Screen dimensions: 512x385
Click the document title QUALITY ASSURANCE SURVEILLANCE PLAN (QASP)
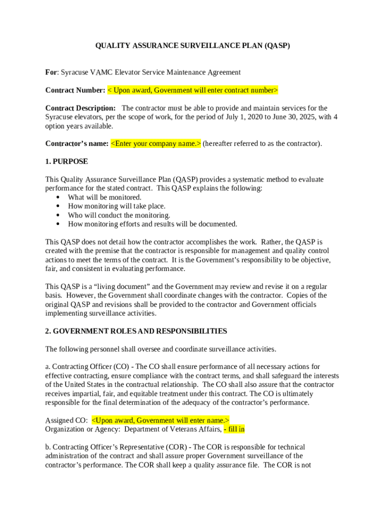point(192,46)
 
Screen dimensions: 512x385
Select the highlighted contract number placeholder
point(192,90)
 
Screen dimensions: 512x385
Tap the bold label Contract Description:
point(80,108)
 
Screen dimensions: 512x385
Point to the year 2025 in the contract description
point(303,117)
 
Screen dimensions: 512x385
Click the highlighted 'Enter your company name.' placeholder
point(155,144)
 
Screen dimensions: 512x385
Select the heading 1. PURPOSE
point(66,161)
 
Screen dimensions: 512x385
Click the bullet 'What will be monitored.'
point(104,197)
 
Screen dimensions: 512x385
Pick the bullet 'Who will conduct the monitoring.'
point(119,215)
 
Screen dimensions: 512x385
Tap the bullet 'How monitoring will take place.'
point(116,206)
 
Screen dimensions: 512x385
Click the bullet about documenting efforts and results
point(152,224)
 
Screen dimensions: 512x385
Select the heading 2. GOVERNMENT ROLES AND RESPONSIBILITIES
point(136,331)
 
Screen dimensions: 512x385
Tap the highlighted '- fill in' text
point(234,429)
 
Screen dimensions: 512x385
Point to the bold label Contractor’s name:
point(77,144)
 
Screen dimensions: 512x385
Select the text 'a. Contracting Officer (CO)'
point(87,367)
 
